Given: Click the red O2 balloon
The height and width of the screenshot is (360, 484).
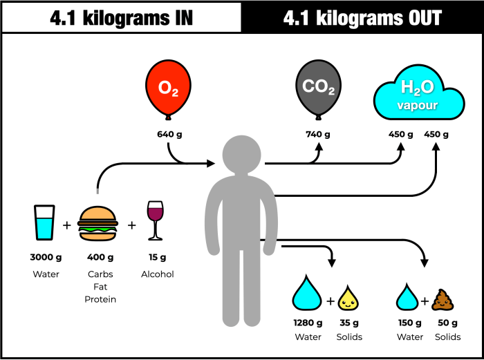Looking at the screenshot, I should (x=169, y=88).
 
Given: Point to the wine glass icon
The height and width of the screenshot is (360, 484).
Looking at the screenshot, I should (x=155, y=220).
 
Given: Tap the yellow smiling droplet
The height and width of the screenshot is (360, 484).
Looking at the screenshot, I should (x=349, y=299).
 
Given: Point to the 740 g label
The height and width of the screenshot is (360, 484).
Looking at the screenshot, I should (x=319, y=134).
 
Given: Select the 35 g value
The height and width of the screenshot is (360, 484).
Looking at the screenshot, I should (x=349, y=323).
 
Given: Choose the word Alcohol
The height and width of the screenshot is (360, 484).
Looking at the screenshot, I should (x=157, y=274).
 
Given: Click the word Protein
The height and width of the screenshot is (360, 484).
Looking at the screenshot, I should (x=100, y=299).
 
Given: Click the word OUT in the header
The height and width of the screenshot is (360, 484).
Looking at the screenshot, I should (x=416, y=18).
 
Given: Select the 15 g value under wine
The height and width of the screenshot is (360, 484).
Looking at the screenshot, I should (x=157, y=258).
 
